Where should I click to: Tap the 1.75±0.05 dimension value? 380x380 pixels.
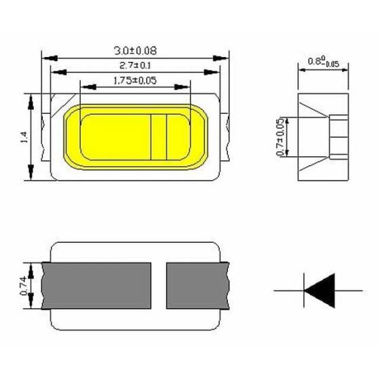[134, 80]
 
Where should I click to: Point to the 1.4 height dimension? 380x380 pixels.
[24, 138]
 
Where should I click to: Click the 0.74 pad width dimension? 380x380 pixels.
[24, 286]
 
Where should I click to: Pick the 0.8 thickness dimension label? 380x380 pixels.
[323, 61]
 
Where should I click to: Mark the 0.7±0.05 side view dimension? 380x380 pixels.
[281, 138]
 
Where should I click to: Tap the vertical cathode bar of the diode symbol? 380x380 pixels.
[304, 290]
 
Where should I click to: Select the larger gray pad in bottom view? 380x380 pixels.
[96, 286]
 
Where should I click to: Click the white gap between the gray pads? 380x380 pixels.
[158, 286]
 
